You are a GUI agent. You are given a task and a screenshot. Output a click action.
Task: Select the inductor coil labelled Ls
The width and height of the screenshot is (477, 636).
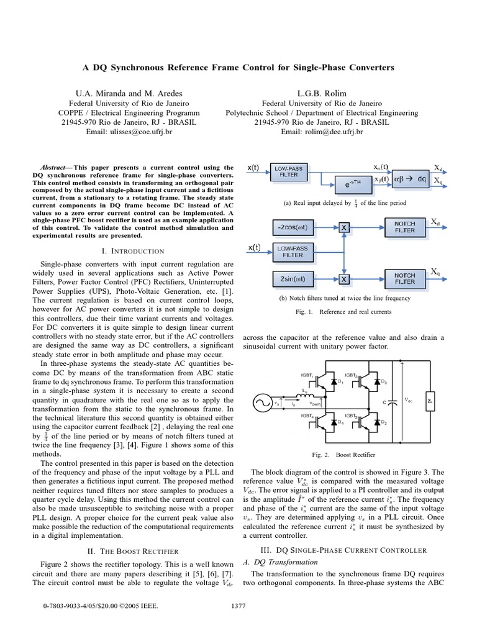click(289, 396)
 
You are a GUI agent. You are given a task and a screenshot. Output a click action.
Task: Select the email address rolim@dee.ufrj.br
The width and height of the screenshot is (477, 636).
click(322, 132)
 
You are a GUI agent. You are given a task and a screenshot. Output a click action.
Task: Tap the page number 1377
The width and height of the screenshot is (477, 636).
click(238, 606)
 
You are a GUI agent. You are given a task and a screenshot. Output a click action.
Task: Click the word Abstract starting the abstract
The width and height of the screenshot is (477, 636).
click(55, 168)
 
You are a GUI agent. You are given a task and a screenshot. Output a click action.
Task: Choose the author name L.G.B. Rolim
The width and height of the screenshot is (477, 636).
click(322, 93)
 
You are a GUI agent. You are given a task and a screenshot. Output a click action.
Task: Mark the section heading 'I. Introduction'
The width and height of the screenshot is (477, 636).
click(132, 251)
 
